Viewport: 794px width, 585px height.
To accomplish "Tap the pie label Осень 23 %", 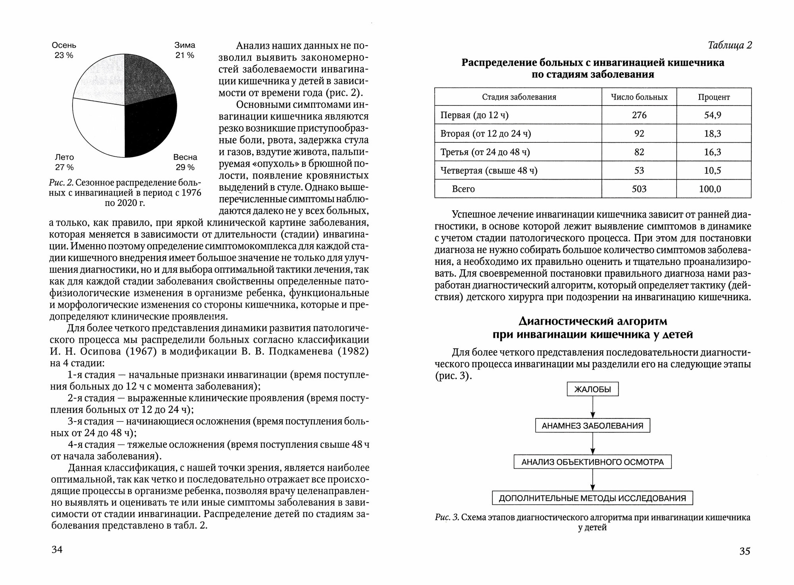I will pos(64,50).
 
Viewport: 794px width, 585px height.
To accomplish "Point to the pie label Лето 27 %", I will pos(64,162).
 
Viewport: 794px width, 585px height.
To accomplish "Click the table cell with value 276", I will pos(639,115).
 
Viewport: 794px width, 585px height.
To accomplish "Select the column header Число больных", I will pos(639,97).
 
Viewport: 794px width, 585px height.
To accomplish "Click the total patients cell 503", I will pos(639,189).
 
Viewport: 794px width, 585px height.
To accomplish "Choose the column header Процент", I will pos(714,97).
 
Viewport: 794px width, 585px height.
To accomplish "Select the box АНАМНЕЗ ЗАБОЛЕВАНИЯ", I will pos(592,426).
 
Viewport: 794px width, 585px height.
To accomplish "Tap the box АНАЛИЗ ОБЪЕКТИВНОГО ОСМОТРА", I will pos(592,462).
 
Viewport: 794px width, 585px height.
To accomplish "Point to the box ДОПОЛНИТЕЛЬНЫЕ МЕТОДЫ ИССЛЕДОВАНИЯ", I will pos(592,498).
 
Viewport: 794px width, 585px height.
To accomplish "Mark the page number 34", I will pos(57,550).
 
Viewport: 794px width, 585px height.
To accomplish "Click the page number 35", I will pos(745,551).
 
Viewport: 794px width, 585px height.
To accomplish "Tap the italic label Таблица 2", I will pos(730,46).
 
